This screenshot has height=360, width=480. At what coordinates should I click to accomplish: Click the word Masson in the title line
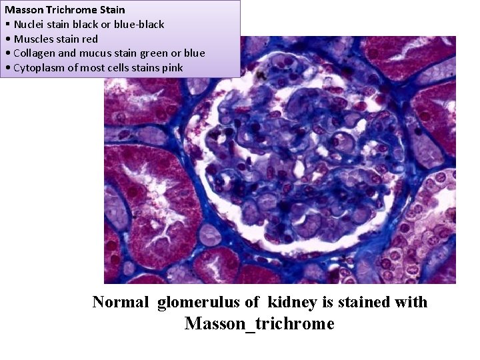[23, 10]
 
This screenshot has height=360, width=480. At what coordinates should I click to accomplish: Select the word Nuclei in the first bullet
[29, 25]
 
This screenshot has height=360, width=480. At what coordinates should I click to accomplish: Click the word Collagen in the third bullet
[35, 53]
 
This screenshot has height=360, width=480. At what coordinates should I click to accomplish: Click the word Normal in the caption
[121, 302]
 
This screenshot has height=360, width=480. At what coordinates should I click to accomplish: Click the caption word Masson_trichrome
[259, 324]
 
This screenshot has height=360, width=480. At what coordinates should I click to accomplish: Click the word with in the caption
[411, 302]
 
